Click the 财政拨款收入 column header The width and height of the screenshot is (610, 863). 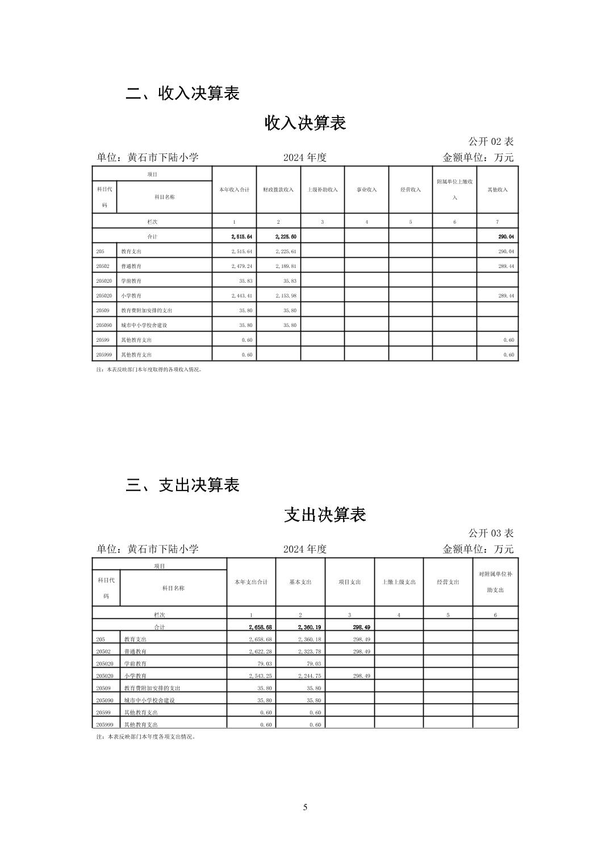[x=278, y=190]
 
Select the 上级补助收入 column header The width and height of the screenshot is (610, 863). [x=322, y=190]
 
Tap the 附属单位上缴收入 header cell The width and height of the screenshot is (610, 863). [x=454, y=190]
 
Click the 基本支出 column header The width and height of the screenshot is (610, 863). [x=300, y=582]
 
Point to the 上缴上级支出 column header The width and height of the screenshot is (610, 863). [x=399, y=582]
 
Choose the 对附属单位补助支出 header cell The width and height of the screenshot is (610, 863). [x=495, y=582]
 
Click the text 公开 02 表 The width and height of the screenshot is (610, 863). [x=491, y=141]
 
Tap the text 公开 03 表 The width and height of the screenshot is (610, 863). [x=491, y=533]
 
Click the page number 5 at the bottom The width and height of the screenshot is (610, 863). [x=305, y=807]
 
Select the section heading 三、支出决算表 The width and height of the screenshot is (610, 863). [x=182, y=485]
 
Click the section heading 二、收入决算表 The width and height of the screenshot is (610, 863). [x=182, y=93]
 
